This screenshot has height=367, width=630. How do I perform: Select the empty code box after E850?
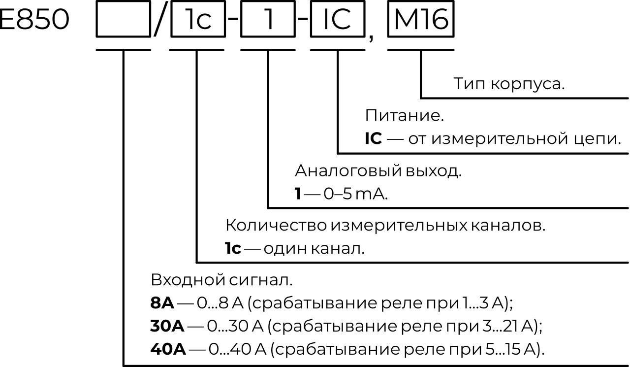[x=123, y=20]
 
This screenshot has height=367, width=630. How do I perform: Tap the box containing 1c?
[x=197, y=20]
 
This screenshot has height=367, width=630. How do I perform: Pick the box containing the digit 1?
[x=268, y=20]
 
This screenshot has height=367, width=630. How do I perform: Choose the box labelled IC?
[x=338, y=20]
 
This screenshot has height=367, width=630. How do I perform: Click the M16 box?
[x=421, y=20]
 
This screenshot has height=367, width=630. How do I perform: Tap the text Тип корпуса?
[x=509, y=84]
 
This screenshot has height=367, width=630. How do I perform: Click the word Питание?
[x=404, y=116]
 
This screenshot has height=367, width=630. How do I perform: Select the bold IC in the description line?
[x=373, y=139]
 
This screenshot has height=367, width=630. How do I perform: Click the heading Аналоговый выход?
[x=378, y=171]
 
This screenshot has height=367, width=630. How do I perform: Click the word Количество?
[x=276, y=226]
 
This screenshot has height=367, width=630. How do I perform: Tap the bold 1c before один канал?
[x=233, y=249]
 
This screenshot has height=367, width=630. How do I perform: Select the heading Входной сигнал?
[x=221, y=280]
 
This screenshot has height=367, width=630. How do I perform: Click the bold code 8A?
[x=162, y=303]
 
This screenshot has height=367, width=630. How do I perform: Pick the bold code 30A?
[x=167, y=326]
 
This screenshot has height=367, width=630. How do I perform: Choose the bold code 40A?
[x=168, y=349]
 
